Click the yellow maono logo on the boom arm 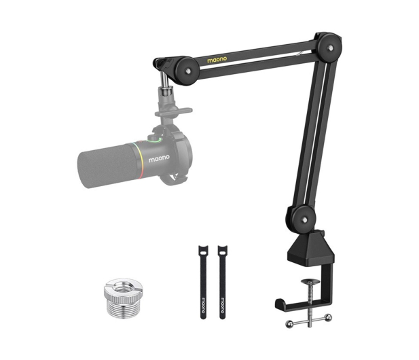tap(217, 60)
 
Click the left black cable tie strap tap(203, 282)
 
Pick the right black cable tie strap tap(223, 282)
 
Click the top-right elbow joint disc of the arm tap(330, 48)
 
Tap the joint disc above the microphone tap(187, 71)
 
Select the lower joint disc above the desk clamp tap(304, 219)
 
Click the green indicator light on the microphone tap(155, 141)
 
